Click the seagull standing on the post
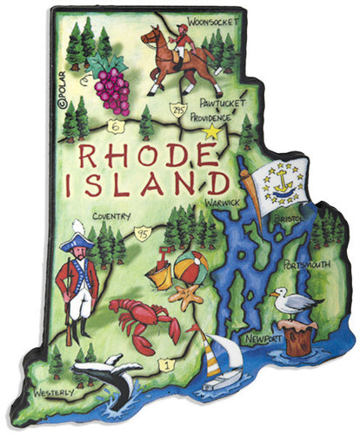[x=292, y=301]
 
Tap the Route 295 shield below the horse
[x=177, y=110]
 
